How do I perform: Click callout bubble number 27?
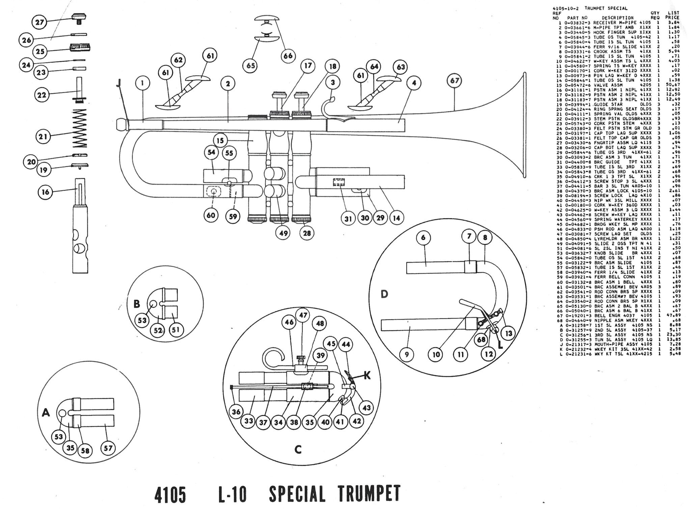pyautogui.click(x=39, y=22)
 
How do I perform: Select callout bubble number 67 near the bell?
pyautogui.click(x=454, y=81)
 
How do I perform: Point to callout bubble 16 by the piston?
pyautogui.click(x=46, y=192)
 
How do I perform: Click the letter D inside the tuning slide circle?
pyautogui.click(x=384, y=294)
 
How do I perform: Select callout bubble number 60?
pyautogui.click(x=211, y=215)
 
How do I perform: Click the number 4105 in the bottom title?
pyautogui.click(x=170, y=494)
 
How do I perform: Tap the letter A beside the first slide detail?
pyautogui.click(x=46, y=412)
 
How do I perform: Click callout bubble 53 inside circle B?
pyautogui.click(x=142, y=319)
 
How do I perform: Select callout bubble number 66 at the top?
pyautogui.click(x=288, y=56)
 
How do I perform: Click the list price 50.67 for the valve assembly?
pyautogui.click(x=673, y=85)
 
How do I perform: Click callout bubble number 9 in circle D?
pyautogui.click(x=407, y=355)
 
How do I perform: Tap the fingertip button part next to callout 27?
pyautogui.click(x=80, y=16)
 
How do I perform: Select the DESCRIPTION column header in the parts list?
pyautogui.click(x=617, y=18)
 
